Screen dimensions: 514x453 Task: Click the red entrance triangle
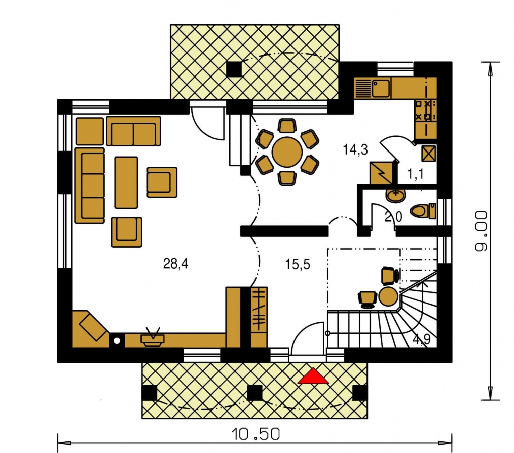pyautogui.click(x=313, y=376)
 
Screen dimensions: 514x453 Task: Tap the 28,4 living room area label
pyautogui.click(x=176, y=264)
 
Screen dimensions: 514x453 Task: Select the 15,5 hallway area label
pyautogui.click(x=298, y=264)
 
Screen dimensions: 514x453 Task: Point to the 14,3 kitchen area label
pyautogui.click(x=355, y=150)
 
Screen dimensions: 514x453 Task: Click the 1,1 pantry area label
pyautogui.click(x=416, y=174)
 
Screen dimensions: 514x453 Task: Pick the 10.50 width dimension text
pyautogui.click(x=256, y=434)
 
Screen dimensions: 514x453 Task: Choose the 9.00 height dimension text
pyautogui.click(x=481, y=231)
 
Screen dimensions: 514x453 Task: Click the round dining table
pyautogui.click(x=287, y=152)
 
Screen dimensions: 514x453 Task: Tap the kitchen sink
pyautogui.click(x=381, y=88)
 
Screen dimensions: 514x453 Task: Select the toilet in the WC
pyautogui.click(x=423, y=211)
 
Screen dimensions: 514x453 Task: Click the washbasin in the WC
pyautogui.click(x=396, y=196)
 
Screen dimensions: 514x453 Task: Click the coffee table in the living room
pyautogui.click(x=126, y=183)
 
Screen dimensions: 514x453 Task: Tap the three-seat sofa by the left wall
pyautogui.click(x=90, y=186)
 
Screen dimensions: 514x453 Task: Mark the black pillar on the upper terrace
pyautogui.click(x=234, y=69)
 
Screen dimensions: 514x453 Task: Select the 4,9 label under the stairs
pyautogui.click(x=421, y=340)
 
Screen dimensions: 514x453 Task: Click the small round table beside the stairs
pyautogui.click(x=388, y=296)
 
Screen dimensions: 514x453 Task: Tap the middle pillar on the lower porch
pyautogui.click(x=255, y=393)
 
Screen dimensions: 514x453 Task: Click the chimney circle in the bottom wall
pyautogui.click(x=117, y=341)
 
